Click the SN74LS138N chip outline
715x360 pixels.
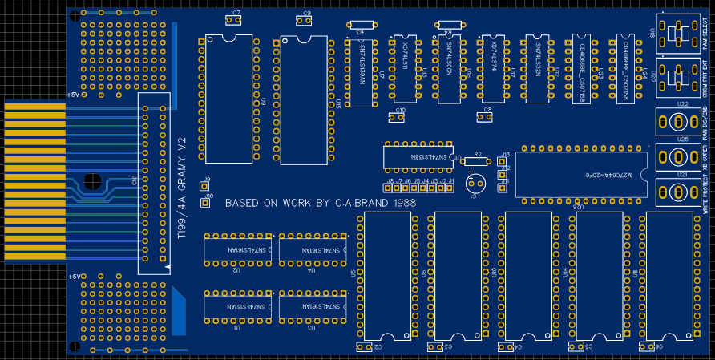point(418,157)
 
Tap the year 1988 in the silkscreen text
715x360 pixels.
point(398,204)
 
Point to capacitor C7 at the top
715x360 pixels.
point(236,21)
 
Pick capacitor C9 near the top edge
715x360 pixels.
point(307,22)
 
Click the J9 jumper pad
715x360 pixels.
point(204,186)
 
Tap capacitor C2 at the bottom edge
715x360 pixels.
point(369,346)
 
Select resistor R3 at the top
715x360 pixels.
point(359,25)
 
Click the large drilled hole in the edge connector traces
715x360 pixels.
point(92,180)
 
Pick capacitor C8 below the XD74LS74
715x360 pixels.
point(484,117)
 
